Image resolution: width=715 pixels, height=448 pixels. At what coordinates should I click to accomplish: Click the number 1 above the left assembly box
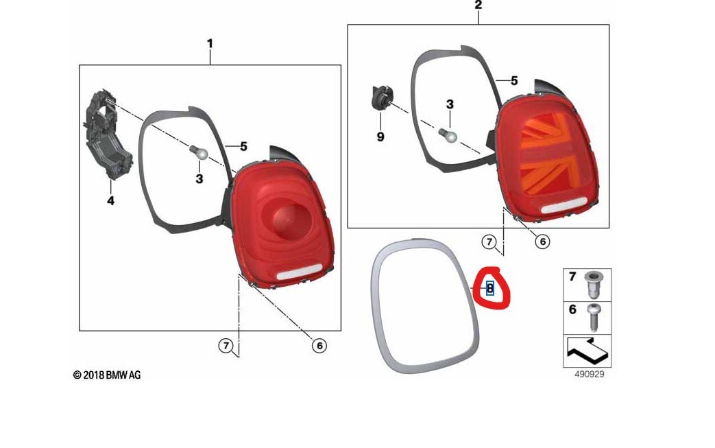210,44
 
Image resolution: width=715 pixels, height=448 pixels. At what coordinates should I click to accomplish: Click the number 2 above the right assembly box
478,5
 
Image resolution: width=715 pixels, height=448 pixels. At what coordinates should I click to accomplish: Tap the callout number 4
110,201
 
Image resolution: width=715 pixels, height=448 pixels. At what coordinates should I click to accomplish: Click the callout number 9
380,137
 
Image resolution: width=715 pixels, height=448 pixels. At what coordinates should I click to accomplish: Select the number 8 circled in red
489,288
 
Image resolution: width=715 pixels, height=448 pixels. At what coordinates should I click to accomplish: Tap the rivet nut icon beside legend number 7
594,283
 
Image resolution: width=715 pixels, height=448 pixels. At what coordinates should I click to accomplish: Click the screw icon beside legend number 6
594,318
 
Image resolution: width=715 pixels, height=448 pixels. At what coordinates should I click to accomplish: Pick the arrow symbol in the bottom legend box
587,352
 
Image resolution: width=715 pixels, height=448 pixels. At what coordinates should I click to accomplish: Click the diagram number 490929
589,374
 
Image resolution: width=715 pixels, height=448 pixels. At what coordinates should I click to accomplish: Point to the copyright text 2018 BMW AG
107,375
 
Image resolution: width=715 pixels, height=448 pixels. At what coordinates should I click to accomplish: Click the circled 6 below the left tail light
319,346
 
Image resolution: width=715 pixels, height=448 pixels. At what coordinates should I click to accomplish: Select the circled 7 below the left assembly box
226,346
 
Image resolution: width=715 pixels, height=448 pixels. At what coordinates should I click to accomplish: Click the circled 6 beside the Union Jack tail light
542,241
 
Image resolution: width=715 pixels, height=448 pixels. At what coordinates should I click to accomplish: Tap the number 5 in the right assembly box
513,80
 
